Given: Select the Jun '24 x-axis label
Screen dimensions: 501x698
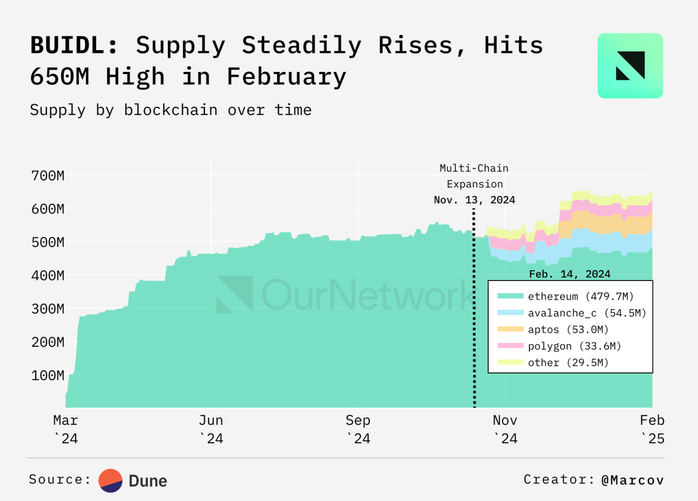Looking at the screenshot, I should [210, 429].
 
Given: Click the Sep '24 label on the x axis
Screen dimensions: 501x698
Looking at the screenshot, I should [358, 429].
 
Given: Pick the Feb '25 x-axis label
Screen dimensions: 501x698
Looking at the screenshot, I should [652, 429].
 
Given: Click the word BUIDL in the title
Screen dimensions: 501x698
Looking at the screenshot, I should [74, 46].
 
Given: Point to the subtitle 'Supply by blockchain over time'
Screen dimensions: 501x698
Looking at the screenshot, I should [171, 110].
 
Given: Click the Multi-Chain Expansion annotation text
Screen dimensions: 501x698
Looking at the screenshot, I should [474, 176].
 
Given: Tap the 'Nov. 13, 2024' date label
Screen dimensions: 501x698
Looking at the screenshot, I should [474, 200].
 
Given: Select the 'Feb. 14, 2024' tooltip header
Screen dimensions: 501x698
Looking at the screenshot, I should [570, 274].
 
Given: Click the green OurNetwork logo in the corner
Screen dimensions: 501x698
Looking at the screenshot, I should [630, 66].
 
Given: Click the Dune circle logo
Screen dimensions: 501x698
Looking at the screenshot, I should [110, 480].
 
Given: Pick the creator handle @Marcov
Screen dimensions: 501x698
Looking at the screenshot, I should [633, 480].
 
